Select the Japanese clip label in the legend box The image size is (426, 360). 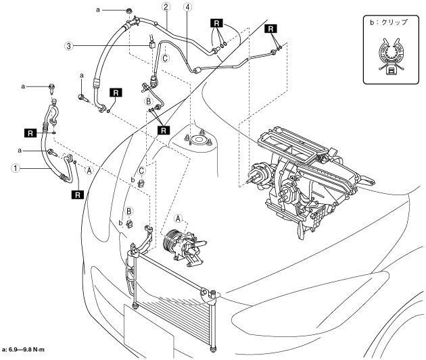390,22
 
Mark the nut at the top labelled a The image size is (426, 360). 128,11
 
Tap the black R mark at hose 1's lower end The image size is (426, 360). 78,194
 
